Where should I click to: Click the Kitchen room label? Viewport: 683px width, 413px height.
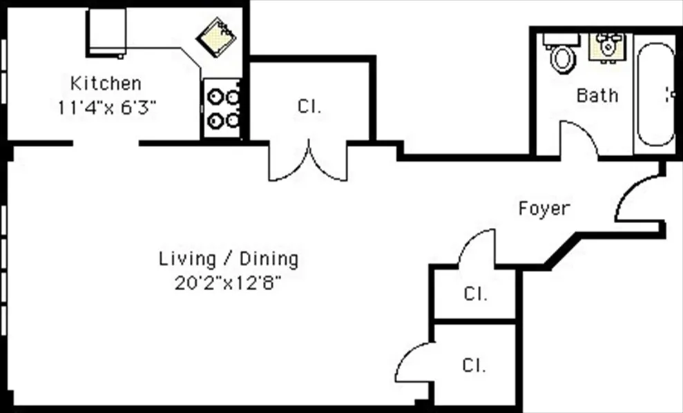click(106, 84)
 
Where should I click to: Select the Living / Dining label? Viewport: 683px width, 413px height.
click(229, 260)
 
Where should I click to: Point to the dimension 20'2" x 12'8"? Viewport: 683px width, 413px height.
click(228, 283)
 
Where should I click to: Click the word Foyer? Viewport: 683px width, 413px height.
click(544, 208)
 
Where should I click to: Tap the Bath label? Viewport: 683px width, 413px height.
click(597, 95)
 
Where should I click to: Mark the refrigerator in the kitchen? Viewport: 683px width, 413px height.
click(106, 31)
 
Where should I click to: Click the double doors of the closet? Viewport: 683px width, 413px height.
click(308, 163)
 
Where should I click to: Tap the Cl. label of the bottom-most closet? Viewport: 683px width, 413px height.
click(474, 365)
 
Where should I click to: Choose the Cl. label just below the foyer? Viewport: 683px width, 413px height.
click(475, 294)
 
